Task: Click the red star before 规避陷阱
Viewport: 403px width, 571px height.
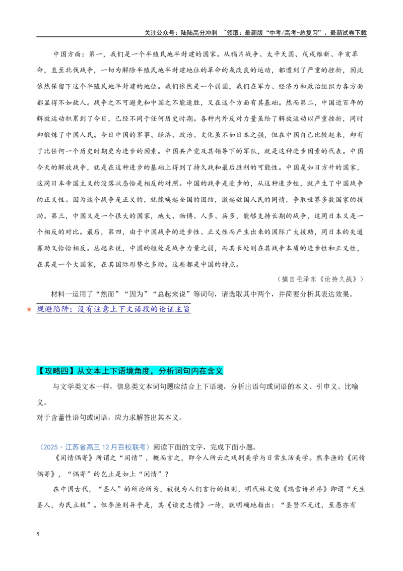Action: (x=29, y=310)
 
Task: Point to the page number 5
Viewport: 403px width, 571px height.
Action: (x=38, y=534)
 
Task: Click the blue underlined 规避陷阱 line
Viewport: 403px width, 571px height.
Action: (x=113, y=309)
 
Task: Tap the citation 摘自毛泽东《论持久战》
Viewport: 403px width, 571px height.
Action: (x=321, y=279)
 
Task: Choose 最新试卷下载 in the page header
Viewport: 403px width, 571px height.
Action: (x=348, y=32)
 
